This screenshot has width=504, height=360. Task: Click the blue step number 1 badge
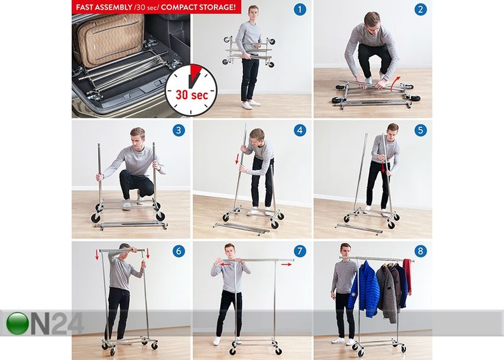pos(300,10)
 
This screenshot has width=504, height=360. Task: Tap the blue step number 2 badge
pos(421,10)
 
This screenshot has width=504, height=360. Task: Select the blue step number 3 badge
pos(179,130)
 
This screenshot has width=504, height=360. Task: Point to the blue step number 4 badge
pos(300,130)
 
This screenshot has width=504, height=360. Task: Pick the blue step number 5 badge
pos(421,130)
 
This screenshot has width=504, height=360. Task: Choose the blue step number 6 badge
pos(179,251)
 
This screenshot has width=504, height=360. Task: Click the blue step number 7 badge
pos(300,251)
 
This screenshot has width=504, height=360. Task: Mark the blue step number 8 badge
pos(421,251)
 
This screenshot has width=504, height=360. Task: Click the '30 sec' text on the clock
pos(192,95)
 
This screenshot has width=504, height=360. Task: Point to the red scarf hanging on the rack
pos(407,276)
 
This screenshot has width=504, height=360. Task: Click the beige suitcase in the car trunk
pos(108,39)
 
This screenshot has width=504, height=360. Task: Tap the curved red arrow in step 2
pos(396,83)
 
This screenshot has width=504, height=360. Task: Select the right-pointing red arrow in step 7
pos(286,265)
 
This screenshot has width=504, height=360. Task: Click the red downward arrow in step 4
pos(237,158)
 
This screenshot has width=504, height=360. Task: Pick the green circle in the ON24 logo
pos(17,323)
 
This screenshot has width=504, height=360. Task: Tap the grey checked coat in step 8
pos(388,293)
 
